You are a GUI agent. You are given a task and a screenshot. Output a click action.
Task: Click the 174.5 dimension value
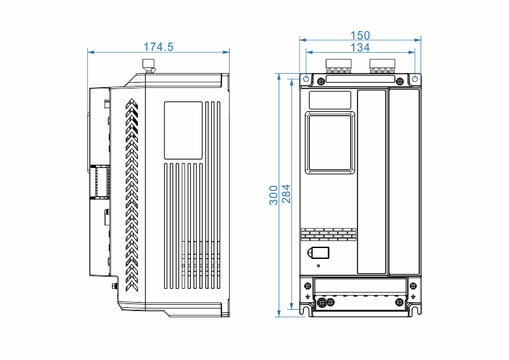tap(158, 47)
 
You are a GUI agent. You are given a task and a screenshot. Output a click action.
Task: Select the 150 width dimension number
tap(360, 36)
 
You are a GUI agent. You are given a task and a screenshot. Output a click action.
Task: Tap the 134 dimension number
tap(360, 48)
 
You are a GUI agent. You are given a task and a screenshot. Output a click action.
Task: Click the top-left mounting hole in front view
tap(305, 80)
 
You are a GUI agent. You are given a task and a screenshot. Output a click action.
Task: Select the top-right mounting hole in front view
tap(415, 80)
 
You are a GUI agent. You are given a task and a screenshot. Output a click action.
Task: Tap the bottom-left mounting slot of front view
tap(305, 310)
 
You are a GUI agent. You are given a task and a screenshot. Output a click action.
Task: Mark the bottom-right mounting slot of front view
tap(415, 310)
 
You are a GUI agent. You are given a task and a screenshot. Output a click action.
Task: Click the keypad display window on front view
tap(330, 142)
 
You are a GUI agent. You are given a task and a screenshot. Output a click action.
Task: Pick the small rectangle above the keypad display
tap(330, 99)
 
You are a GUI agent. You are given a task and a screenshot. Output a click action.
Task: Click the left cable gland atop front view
tap(338, 65)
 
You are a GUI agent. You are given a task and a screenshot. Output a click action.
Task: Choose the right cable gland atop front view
tap(383, 65)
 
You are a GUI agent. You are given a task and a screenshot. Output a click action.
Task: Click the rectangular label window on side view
tap(183, 130)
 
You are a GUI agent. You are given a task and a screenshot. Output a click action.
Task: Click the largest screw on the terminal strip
tap(322, 301)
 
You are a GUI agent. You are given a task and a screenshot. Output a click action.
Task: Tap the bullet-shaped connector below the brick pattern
tap(318, 253)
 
